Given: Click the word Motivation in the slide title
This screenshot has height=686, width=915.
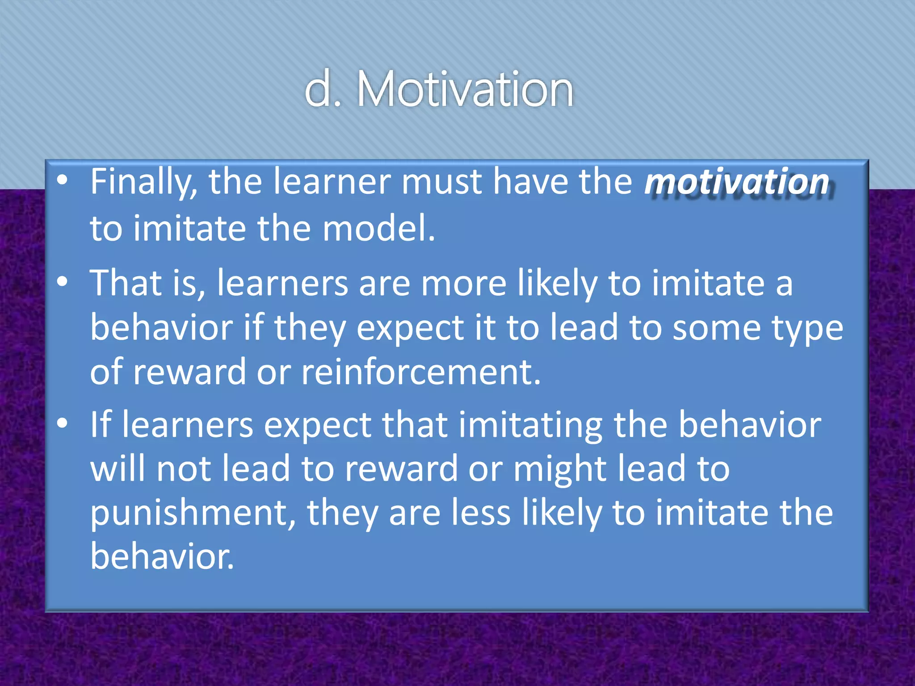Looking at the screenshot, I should point(465,89).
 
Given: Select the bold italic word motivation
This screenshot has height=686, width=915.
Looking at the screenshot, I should point(737,182).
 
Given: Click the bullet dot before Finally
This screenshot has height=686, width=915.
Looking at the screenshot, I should point(63,181).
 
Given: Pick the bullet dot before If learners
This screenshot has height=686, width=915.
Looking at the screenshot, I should point(63,423).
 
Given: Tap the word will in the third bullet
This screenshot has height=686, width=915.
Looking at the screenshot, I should point(118,469).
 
